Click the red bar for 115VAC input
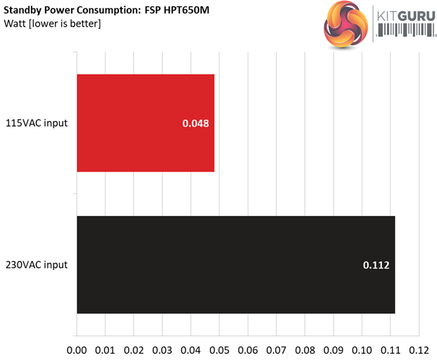pos(145,123)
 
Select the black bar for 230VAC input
pos(235,264)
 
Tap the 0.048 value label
pos(196,124)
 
